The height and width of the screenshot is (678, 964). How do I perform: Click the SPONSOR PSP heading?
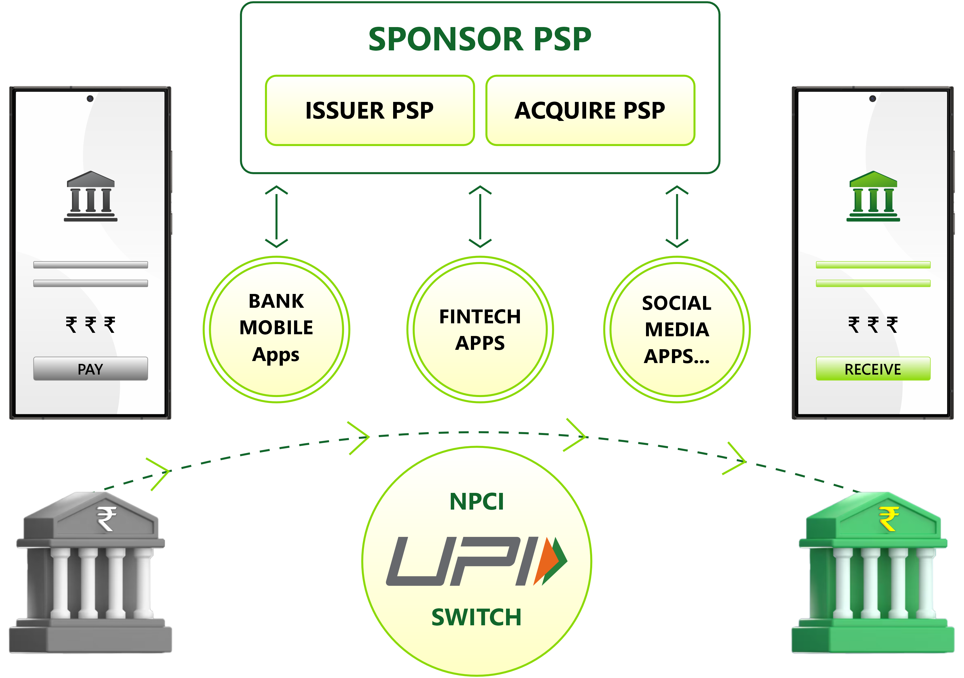pos(480,39)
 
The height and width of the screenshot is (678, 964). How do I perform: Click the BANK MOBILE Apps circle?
pos(276,329)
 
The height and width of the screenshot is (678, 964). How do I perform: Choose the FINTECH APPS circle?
pos(480,329)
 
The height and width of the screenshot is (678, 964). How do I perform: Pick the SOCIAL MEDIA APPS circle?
pos(677,329)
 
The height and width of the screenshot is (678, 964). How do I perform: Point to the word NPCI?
pos(477,502)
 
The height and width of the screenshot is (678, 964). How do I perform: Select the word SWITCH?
pos(477,618)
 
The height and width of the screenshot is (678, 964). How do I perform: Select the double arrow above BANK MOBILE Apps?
pos(276,216)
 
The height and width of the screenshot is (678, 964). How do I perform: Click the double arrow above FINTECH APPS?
pos(480,216)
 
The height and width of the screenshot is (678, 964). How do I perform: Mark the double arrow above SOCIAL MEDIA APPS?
pos(677,216)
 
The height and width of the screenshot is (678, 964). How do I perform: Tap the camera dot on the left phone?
pos(90,98)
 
